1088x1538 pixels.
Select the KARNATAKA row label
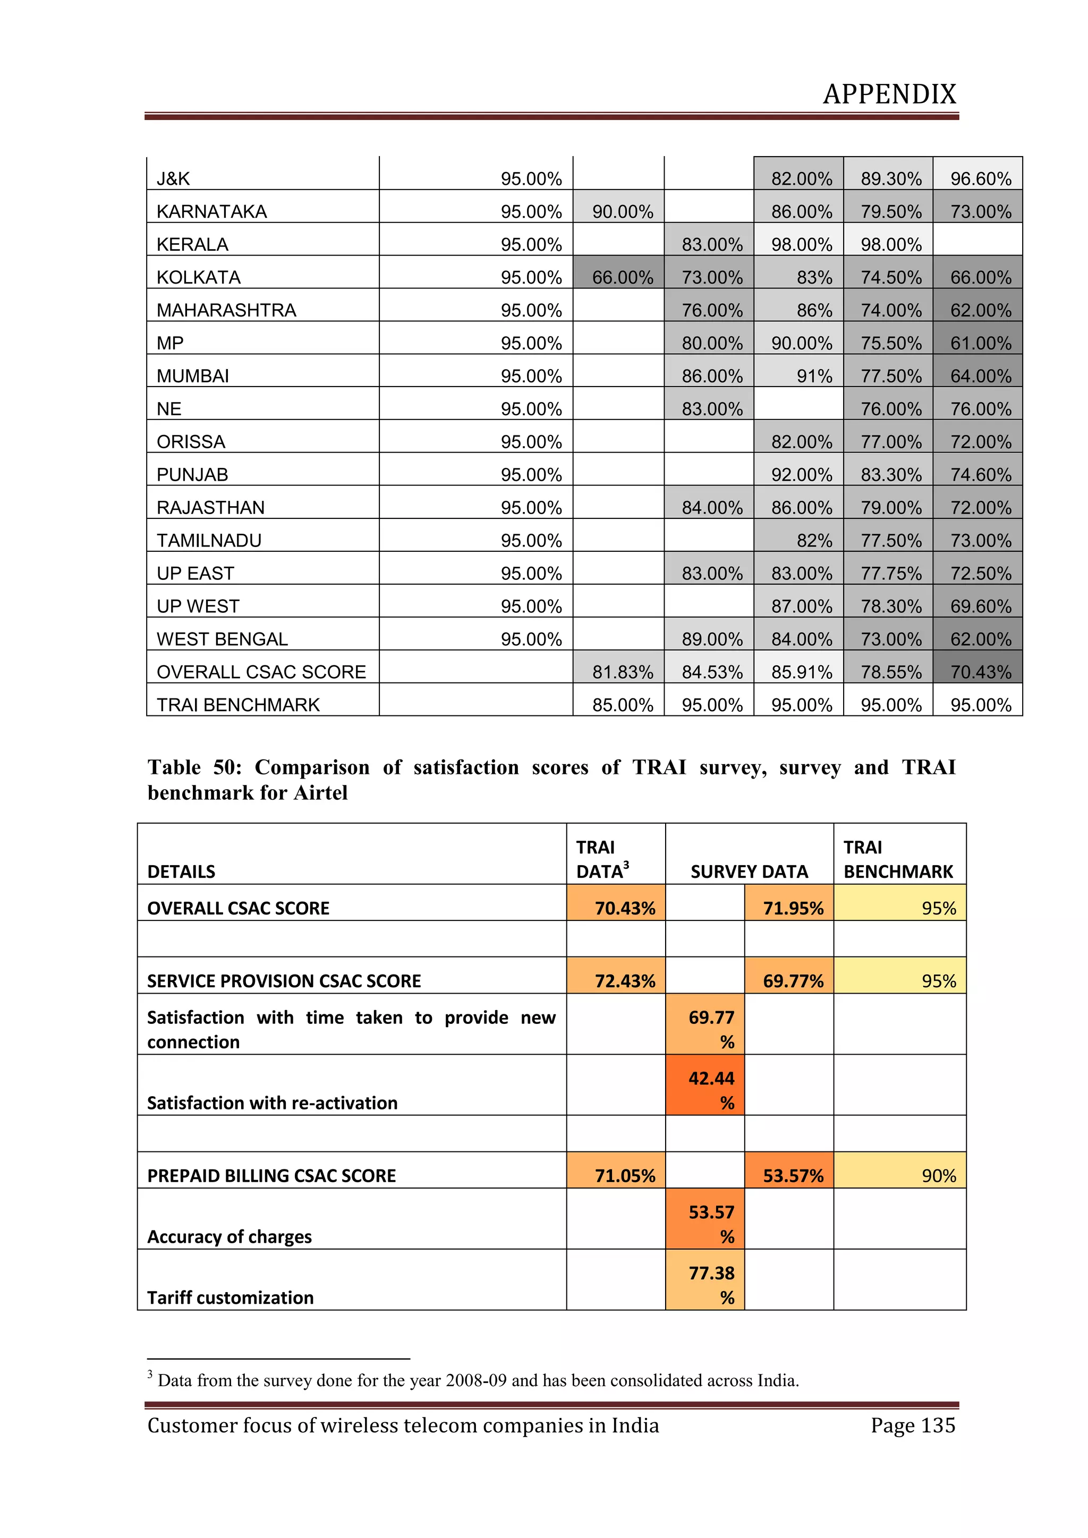(x=212, y=212)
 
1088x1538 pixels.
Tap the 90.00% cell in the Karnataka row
(x=623, y=212)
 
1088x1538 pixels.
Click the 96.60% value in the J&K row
(x=980, y=179)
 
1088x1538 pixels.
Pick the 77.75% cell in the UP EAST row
(x=890, y=574)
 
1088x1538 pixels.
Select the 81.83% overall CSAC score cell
(x=623, y=672)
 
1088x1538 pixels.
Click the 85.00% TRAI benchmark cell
(x=623, y=705)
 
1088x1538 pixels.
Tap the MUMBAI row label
(x=193, y=376)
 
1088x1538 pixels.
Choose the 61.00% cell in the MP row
(x=980, y=343)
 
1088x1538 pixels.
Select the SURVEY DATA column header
(x=749, y=871)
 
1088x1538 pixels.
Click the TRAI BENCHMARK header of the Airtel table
(x=898, y=859)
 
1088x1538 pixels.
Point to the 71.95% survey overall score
(x=793, y=908)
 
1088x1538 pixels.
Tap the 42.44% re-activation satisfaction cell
(x=711, y=1090)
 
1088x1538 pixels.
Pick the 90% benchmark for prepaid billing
(x=938, y=1176)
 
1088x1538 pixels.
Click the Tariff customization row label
(x=231, y=1297)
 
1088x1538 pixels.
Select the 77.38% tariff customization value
(x=711, y=1285)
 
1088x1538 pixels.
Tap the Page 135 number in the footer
(x=913, y=1425)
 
